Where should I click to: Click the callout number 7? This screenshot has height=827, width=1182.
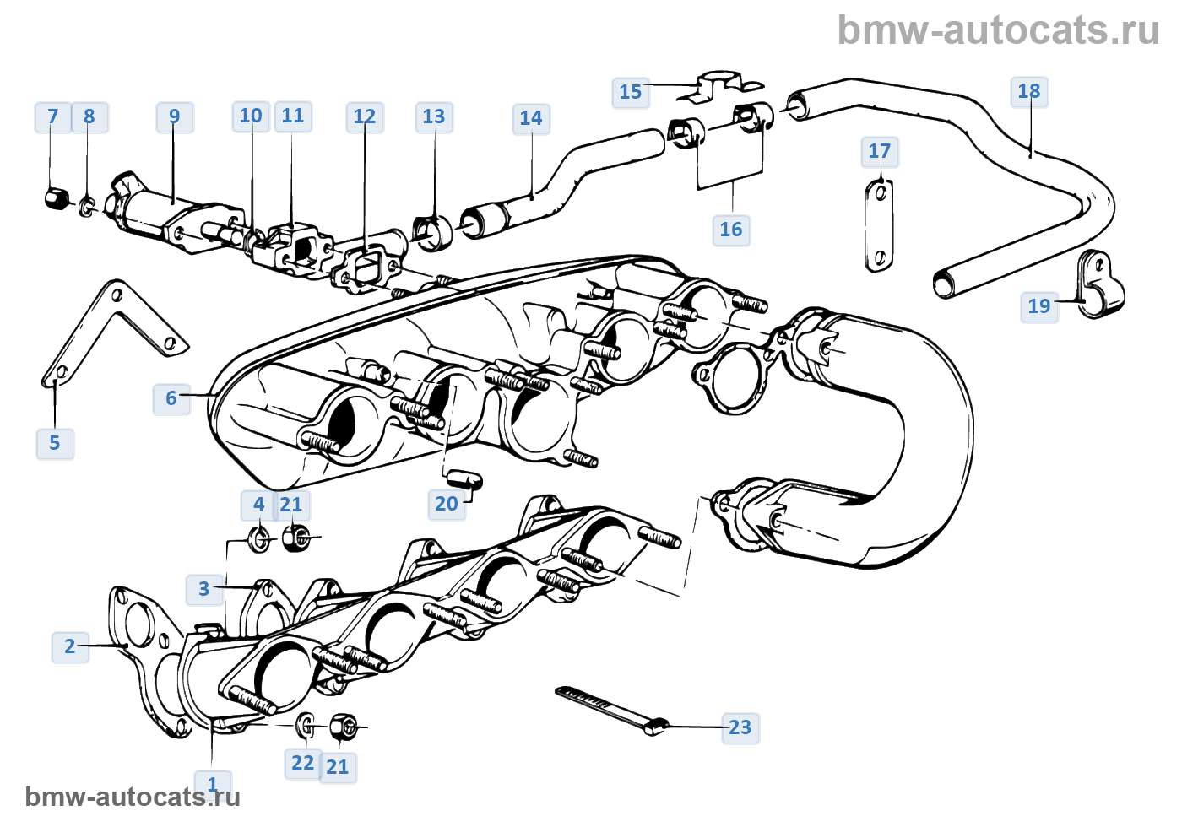[52, 117]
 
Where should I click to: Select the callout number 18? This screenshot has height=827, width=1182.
[1028, 92]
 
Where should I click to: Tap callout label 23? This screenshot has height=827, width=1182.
[740, 727]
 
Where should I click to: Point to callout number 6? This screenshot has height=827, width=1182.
[171, 398]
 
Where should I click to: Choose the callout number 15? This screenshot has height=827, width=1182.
[630, 92]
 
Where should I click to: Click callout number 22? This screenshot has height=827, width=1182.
[302, 764]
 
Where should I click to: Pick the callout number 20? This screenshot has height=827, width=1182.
[446, 505]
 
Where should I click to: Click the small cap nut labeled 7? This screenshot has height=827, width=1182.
[56, 199]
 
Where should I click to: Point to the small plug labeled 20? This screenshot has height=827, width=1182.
[464, 478]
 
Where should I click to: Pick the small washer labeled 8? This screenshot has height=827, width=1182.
[87, 206]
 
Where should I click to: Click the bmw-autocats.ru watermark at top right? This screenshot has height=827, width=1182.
[998, 30]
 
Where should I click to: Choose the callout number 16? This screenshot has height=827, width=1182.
[730, 230]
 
